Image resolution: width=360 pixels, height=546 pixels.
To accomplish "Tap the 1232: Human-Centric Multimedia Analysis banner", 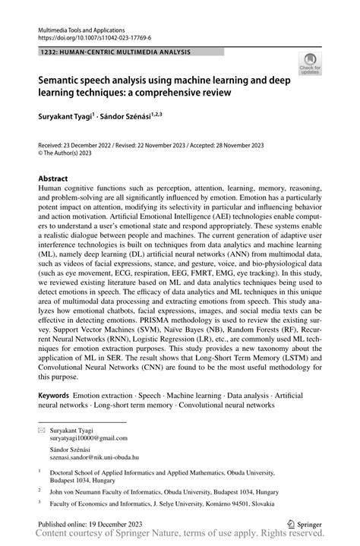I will (x=115, y=52).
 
